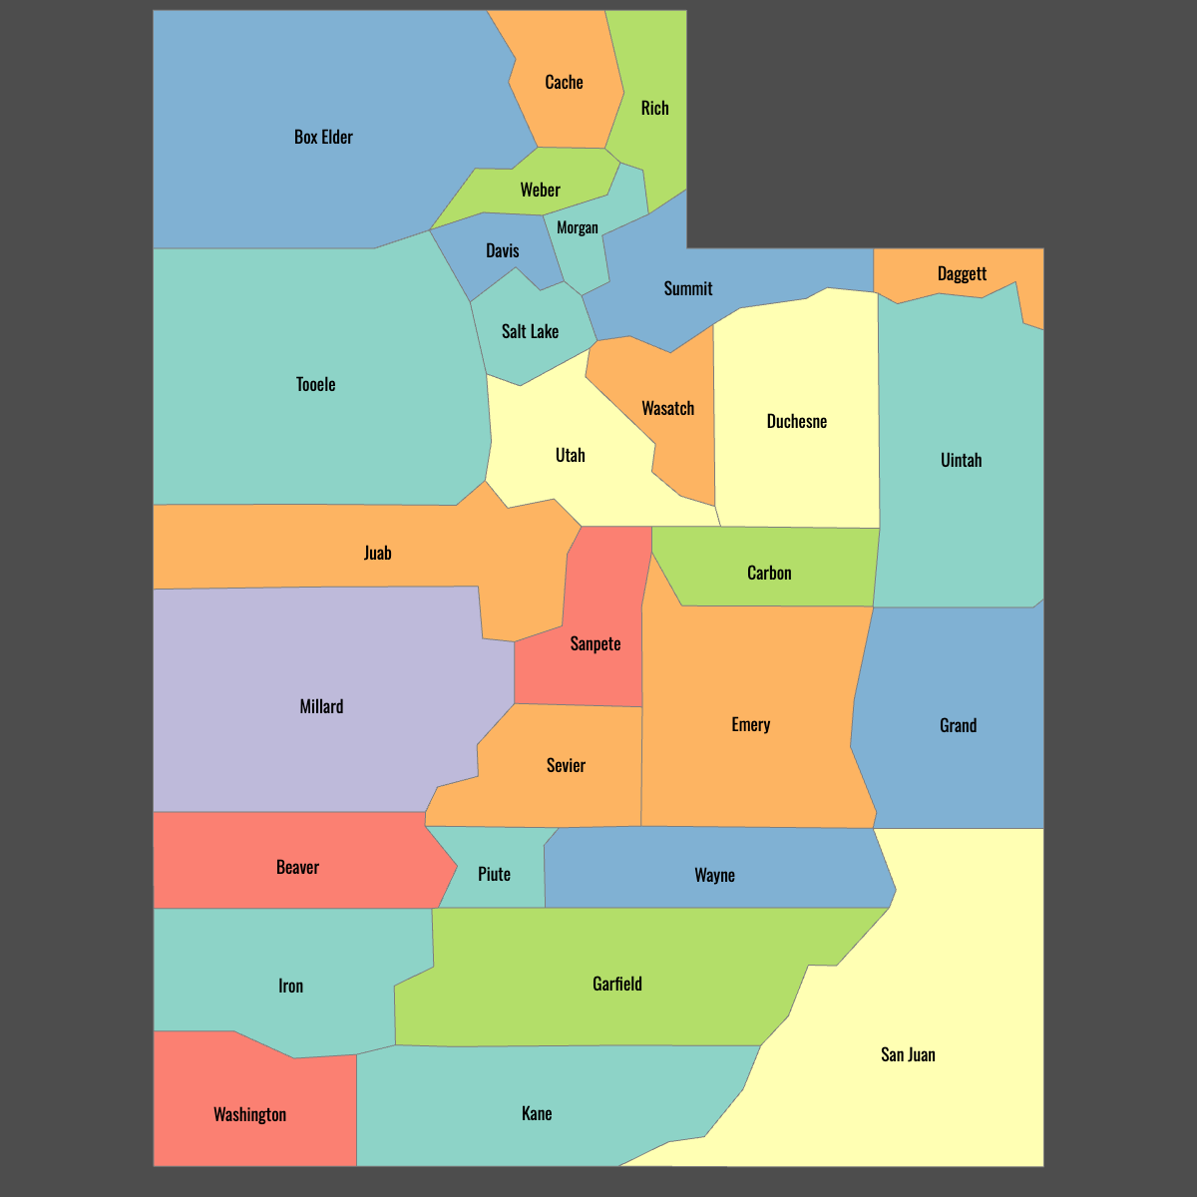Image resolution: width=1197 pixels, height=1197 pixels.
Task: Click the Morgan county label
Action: pos(578,228)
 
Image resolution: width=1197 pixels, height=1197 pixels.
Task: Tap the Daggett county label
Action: pos(962,274)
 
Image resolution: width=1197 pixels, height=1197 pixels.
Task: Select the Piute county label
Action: pos(494,875)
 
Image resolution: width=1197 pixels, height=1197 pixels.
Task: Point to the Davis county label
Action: pos(503,251)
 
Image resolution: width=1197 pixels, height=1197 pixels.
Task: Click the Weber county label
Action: pos(540,191)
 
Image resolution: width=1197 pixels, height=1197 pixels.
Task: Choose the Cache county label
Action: pos(564,83)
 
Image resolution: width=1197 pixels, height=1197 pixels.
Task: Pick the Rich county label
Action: pos(654,109)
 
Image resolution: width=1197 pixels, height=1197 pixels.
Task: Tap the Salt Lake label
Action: pos(530,332)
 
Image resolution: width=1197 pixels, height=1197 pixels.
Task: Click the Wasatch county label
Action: pos(667,409)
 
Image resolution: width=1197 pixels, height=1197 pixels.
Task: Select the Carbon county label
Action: pos(769,574)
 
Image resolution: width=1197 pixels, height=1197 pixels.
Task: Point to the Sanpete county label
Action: pos(596,644)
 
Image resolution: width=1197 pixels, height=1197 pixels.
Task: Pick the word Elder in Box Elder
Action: pos(337,138)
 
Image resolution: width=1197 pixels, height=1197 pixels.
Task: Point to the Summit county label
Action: pos(688,289)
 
